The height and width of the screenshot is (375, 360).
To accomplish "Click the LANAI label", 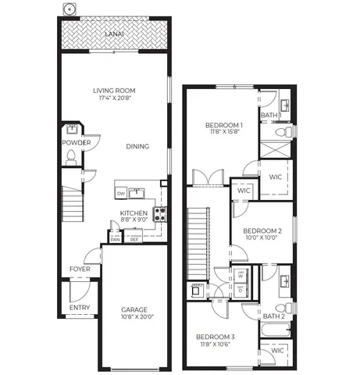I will click(114, 34).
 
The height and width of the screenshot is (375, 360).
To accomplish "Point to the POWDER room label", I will click(76, 143).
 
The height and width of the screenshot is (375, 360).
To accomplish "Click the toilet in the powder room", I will click(71, 157).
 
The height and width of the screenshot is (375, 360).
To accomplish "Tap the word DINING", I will click(138, 146).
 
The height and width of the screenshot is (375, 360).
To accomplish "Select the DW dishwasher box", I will click(121, 193).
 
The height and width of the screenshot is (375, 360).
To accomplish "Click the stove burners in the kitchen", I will click(159, 213).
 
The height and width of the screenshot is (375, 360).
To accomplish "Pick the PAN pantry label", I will click(115, 240).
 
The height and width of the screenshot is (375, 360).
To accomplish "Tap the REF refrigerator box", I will click(134, 240).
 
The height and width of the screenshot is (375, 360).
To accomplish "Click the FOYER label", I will click(80, 269).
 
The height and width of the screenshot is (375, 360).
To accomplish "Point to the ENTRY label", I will click(79, 307).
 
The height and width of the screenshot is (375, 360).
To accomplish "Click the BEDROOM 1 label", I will click(224, 125).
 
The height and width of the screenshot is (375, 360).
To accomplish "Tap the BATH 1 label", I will click(270, 116).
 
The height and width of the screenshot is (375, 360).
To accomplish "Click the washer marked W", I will click(241, 274).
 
